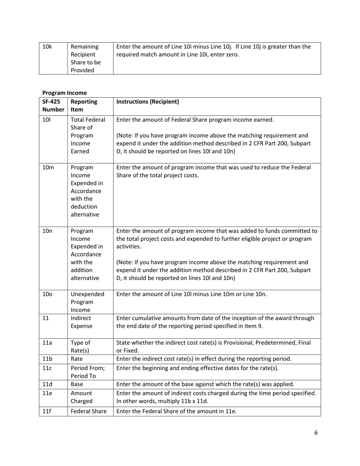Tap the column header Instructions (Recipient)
(148, 102)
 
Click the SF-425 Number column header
(53, 106)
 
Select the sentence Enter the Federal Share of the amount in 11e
(176, 411)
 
